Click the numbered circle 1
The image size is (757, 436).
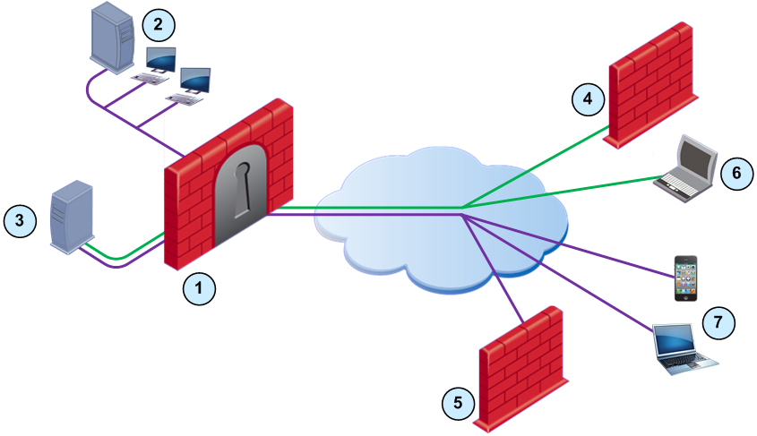coord(199,288)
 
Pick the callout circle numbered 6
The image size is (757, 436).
coord(731,172)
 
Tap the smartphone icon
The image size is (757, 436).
coord(685,278)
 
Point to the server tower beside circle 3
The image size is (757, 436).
coord(71,218)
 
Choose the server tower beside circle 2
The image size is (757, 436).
coord(115,36)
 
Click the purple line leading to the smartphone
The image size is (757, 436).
coord(573,242)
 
